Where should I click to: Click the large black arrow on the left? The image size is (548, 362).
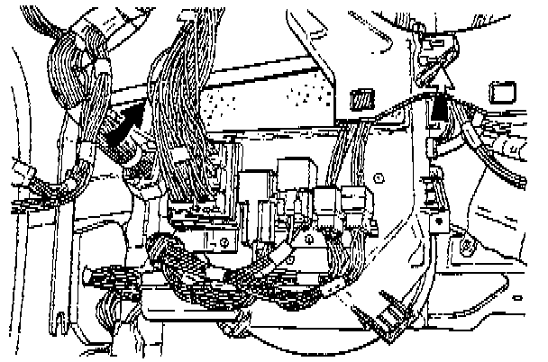(x=125, y=129)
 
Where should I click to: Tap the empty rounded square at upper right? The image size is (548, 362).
(x=501, y=92)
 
